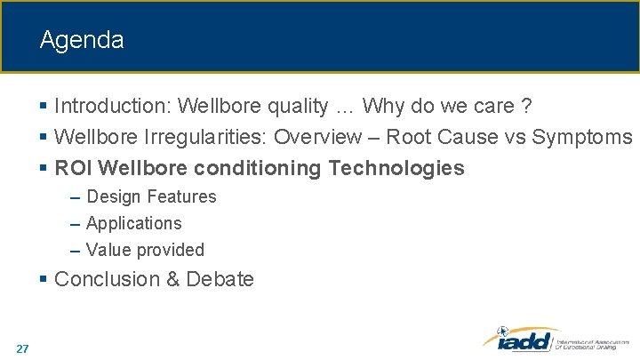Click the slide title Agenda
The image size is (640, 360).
[82, 40]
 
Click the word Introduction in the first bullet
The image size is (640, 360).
[112, 107]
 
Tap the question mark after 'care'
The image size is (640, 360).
[526, 107]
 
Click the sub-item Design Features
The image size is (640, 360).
[151, 196]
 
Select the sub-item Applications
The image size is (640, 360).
[133, 223]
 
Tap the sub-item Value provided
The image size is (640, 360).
[145, 250]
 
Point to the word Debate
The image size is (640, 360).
[220, 279]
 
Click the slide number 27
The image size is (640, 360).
[22, 348]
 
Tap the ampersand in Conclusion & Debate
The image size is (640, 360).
[173, 279]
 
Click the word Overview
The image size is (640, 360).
[314, 137]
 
